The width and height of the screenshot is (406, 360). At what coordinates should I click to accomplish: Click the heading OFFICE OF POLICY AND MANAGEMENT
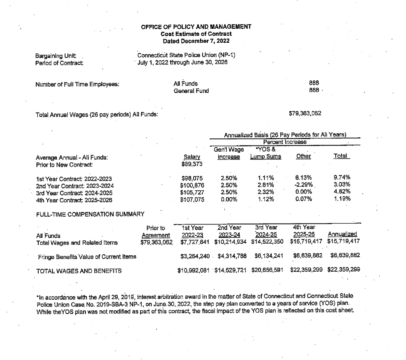click(196, 27)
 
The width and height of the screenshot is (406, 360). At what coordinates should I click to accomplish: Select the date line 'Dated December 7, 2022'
click(196, 41)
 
